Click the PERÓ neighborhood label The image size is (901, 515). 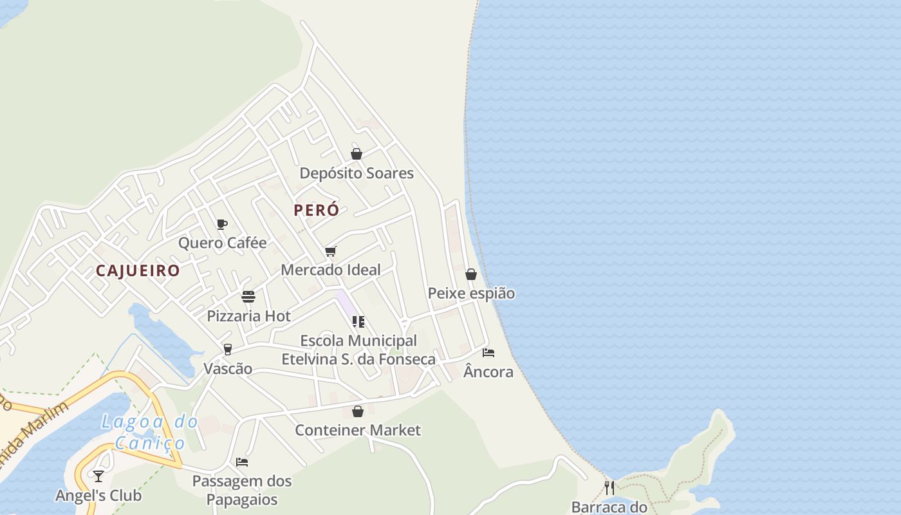[x=316, y=211]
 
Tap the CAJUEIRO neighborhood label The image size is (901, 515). [x=138, y=271]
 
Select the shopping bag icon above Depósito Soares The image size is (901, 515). [x=357, y=154]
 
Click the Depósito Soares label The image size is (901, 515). [x=357, y=174]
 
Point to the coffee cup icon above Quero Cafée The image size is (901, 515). [x=222, y=224]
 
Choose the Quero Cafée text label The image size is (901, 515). [x=222, y=243]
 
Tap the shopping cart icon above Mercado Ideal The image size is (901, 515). [x=331, y=251]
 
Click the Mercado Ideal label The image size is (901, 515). [x=331, y=270]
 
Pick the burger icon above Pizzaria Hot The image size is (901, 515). [x=248, y=297]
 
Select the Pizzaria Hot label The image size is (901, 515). [x=248, y=317]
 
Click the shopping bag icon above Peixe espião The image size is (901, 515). [x=471, y=274]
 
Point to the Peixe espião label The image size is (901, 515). [x=471, y=294]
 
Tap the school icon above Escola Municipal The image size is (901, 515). [x=358, y=321]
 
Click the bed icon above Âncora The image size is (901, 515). [x=488, y=353]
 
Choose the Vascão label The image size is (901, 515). [x=228, y=370]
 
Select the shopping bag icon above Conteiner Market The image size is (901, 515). [x=358, y=411]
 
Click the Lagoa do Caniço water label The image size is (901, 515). [x=150, y=432]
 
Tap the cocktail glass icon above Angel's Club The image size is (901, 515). [x=98, y=476]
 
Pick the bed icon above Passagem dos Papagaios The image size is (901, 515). [x=242, y=462]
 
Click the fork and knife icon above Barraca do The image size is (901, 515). [x=609, y=487]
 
